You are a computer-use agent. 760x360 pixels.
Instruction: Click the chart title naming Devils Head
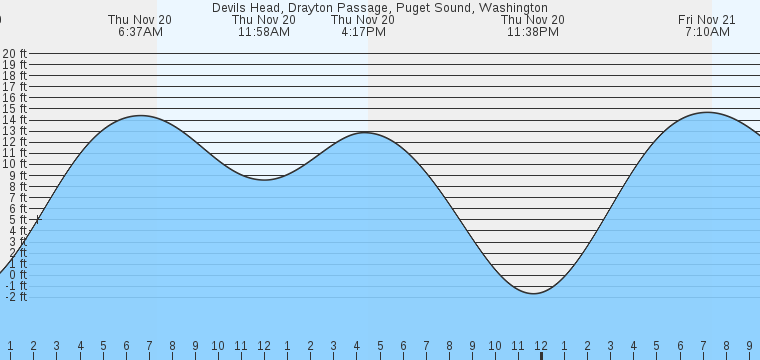pyautogui.click(x=380, y=7)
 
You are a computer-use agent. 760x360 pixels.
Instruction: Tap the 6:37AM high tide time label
pyautogui.click(x=140, y=32)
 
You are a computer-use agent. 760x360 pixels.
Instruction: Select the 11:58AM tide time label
pyautogui.click(x=264, y=32)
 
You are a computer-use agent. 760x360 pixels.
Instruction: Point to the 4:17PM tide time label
pyautogui.click(x=363, y=32)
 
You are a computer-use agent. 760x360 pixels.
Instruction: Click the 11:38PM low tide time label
pyautogui.click(x=532, y=32)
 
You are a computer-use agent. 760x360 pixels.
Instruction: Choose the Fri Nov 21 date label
pyautogui.click(x=707, y=19)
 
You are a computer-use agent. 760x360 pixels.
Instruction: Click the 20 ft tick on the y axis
pyautogui.click(x=14, y=54)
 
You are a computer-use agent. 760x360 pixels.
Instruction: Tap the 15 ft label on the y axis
pyautogui.click(x=14, y=109)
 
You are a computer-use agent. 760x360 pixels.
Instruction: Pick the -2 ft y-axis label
pyautogui.click(x=14, y=296)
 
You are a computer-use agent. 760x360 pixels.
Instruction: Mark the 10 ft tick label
pyautogui.click(x=14, y=164)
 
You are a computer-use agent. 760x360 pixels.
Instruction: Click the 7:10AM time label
pyautogui.click(x=707, y=32)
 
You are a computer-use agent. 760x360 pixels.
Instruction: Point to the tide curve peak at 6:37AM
pyautogui.click(x=140, y=116)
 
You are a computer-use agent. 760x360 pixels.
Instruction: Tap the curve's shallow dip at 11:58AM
pyautogui.click(x=264, y=180)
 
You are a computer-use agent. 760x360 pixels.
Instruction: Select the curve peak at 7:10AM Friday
pyautogui.click(x=707, y=112)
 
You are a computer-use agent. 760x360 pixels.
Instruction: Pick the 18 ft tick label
pyautogui.click(x=14, y=76)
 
